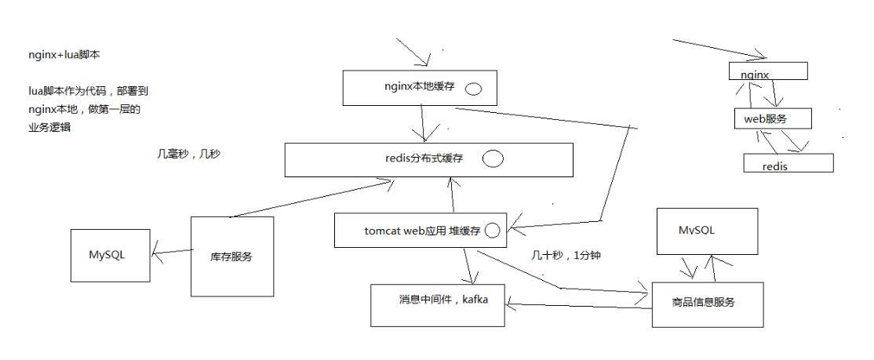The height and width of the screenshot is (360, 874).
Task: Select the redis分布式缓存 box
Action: pos(428,159)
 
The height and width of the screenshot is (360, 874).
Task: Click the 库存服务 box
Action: pos(232,256)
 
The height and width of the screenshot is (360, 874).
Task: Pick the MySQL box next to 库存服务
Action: pos(110,256)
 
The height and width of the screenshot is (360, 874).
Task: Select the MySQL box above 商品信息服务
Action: pos(707,231)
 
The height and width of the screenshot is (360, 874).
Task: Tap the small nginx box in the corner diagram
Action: pos(768,71)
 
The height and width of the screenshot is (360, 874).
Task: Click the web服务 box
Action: pos(767,118)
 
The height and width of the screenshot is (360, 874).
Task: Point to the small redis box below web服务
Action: pos(788,162)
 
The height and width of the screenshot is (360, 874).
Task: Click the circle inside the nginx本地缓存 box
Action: pos(473,89)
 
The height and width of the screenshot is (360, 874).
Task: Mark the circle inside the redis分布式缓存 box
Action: pos(493,159)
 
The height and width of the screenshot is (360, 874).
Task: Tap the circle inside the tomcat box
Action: pos(493,231)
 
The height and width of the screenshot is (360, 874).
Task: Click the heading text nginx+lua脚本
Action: pos(64,56)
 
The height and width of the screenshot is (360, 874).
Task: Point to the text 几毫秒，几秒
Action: pos(189,155)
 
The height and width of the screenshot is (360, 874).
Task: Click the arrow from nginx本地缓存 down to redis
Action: pos(423,122)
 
